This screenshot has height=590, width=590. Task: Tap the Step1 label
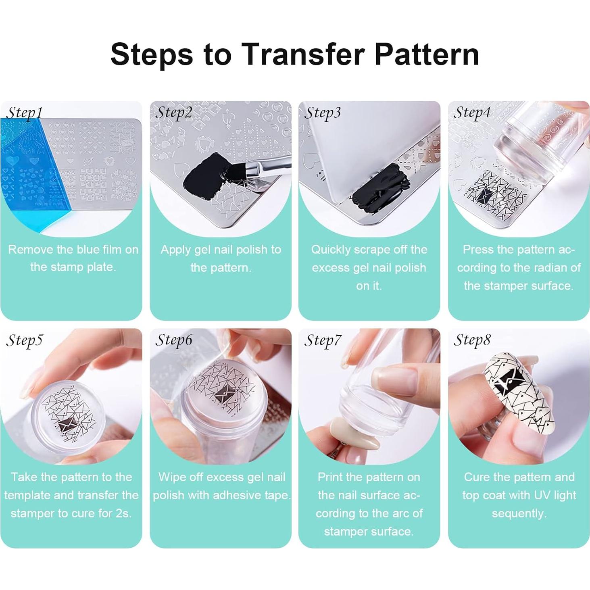[24, 113]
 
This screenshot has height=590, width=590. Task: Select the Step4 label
[472, 113]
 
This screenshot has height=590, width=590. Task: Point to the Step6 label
[174, 340]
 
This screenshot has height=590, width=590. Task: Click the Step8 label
[472, 340]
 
